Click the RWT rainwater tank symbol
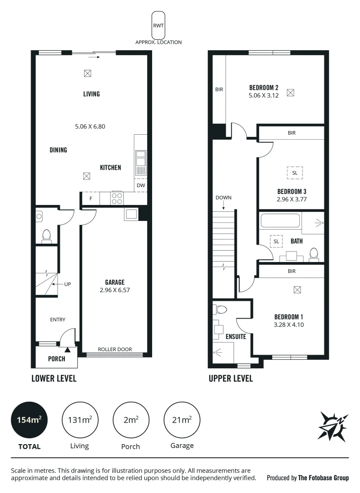click(x=159, y=25)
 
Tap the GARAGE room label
click(x=115, y=282)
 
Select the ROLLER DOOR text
click(x=115, y=349)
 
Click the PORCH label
click(x=57, y=359)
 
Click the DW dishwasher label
click(x=141, y=185)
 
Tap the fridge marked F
click(x=90, y=199)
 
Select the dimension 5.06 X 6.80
click(x=90, y=126)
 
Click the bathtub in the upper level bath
click(x=280, y=222)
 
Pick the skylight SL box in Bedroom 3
click(x=295, y=173)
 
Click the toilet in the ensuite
click(x=221, y=310)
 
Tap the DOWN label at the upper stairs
click(x=223, y=198)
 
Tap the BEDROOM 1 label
click(x=289, y=317)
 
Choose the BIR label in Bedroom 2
click(x=219, y=89)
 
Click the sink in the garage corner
click(x=131, y=215)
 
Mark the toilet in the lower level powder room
click(x=46, y=236)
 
